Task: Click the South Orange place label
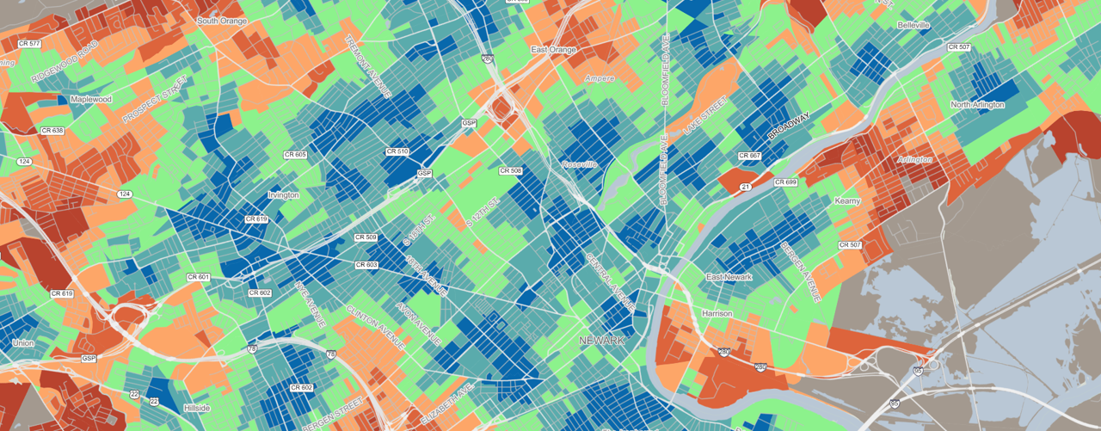pos(222,21)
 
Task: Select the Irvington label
pos(283,195)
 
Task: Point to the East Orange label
pos(553,50)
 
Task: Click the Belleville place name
pos(913,26)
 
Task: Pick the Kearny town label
pos(847,200)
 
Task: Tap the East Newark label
pos(729,277)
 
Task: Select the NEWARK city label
pos(601,341)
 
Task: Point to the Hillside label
pos(196,408)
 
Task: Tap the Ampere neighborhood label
pos(600,78)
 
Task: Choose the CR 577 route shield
pos(29,43)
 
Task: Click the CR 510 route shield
pos(397,151)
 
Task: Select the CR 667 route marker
pos(749,156)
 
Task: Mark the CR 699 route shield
pos(785,182)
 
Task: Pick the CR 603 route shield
pos(366,265)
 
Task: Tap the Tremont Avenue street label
pos(367,68)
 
